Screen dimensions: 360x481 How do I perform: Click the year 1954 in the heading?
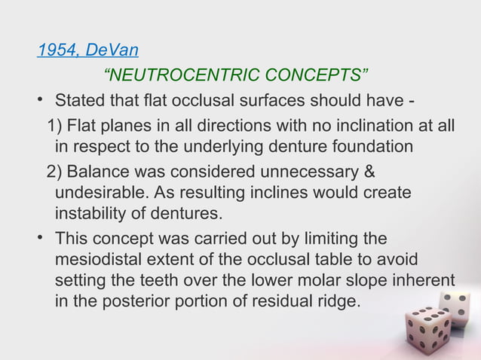pyautogui.click(x=57, y=51)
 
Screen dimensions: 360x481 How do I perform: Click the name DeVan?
pyautogui.click(x=112, y=51)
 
